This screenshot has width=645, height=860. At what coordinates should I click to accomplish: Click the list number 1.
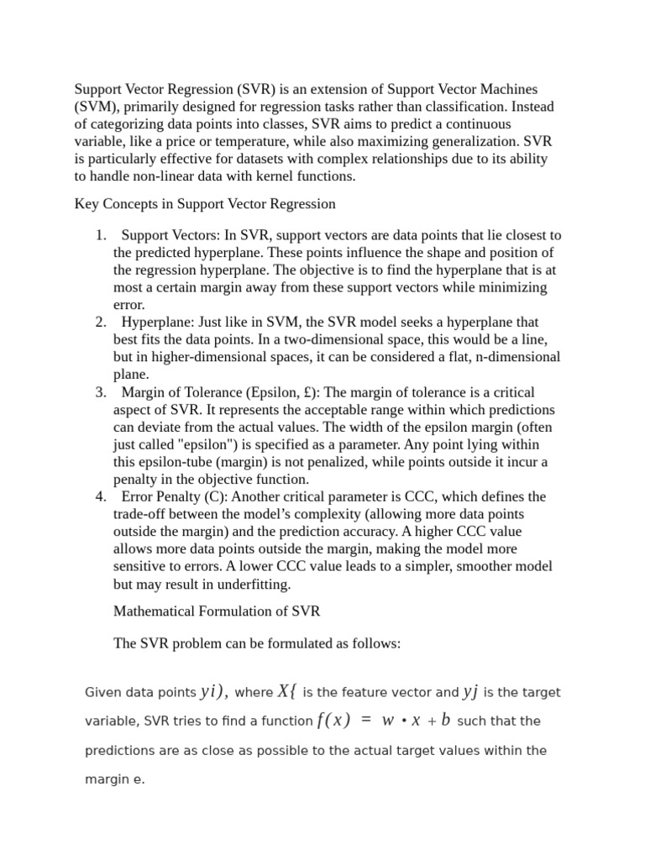99,234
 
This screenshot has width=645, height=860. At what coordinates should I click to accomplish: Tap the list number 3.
99,392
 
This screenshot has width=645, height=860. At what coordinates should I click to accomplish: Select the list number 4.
99,496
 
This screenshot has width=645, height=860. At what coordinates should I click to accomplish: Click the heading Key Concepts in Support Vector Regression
205,203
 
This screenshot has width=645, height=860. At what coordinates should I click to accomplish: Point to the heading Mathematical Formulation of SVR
216,611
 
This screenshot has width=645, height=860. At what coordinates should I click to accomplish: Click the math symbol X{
287,691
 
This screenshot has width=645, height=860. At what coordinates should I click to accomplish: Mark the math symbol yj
470,691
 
